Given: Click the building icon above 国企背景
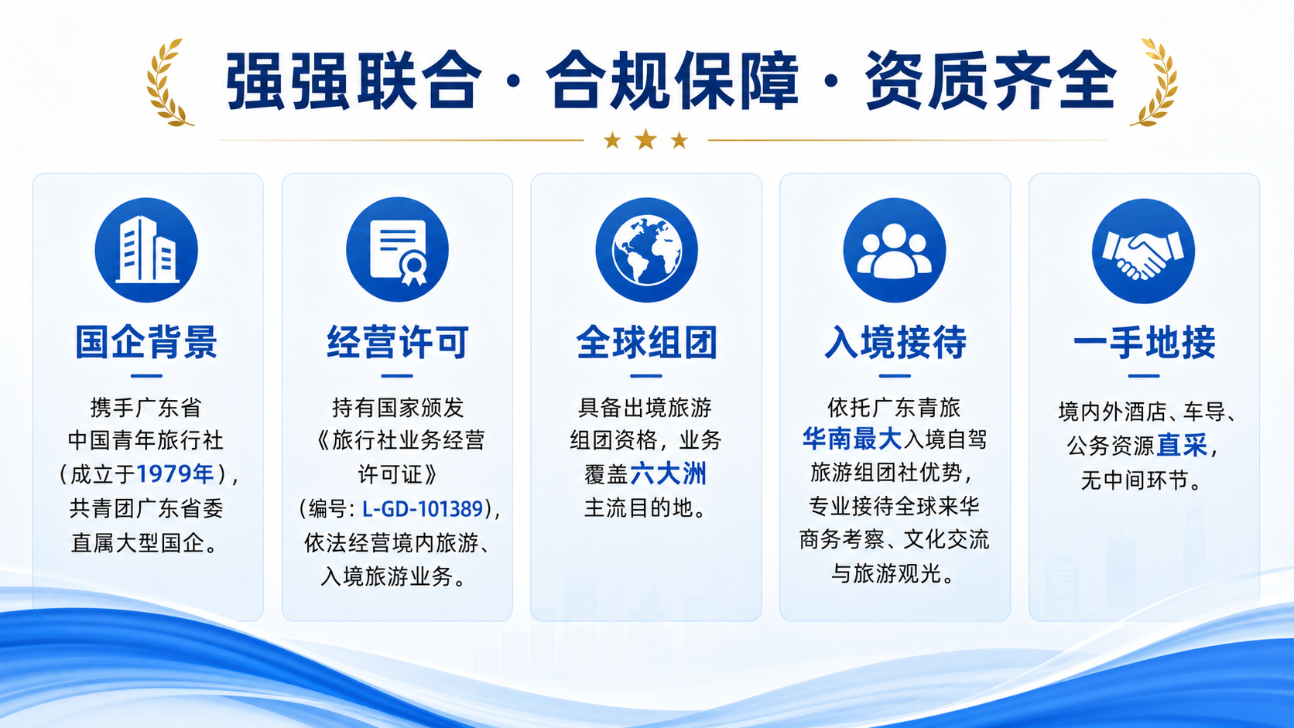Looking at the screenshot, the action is (146, 250).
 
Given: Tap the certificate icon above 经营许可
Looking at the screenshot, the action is (398, 250).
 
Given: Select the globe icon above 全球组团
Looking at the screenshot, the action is (646, 251).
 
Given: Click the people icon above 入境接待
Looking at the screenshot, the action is (894, 251).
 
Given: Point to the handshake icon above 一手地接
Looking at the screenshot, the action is (1143, 251).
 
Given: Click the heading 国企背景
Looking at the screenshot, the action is (146, 343).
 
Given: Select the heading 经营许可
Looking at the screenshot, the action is (398, 343).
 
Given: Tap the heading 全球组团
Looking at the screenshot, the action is (646, 343).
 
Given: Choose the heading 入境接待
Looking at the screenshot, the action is (895, 343).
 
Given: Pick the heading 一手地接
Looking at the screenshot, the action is (1144, 343).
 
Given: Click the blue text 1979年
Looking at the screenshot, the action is (175, 474).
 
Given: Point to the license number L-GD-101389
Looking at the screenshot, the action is (423, 508).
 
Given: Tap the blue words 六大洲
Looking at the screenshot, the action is (669, 474).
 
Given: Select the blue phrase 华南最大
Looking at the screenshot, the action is (852, 439).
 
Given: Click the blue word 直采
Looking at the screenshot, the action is (1182, 445).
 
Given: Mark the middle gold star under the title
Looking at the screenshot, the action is (646, 140).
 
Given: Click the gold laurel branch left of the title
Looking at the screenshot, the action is (168, 83).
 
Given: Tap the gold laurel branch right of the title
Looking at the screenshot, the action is (1154, 83).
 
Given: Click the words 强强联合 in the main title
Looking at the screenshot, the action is (354, 80).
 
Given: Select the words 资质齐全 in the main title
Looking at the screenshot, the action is (990, 80).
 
